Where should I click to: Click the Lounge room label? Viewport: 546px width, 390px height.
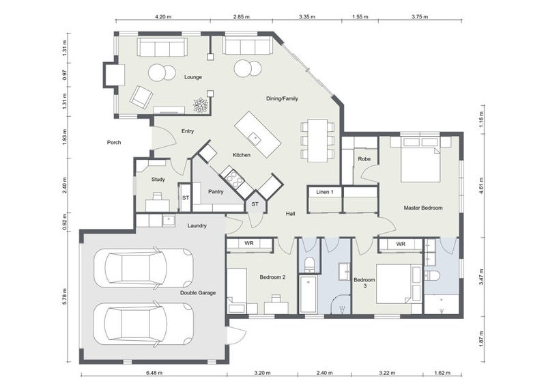coord(193,77)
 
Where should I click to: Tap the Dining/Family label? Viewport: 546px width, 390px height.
coord(282,99)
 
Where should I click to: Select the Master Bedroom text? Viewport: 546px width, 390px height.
coord(423,208)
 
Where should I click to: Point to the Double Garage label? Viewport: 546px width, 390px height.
coord(198,293)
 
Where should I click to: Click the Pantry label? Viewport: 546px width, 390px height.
coord(216,192)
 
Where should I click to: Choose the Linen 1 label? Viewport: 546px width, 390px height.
coord(324,193)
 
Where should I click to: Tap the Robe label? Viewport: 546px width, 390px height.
coord(364,159)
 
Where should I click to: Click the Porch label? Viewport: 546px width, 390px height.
coord(114,143)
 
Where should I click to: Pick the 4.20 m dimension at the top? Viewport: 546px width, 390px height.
coord(163,16)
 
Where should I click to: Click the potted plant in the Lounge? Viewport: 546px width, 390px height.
coord(200,105)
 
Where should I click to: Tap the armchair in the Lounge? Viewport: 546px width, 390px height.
coord(142,96)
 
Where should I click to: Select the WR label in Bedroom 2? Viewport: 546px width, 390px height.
coord(249,243)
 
